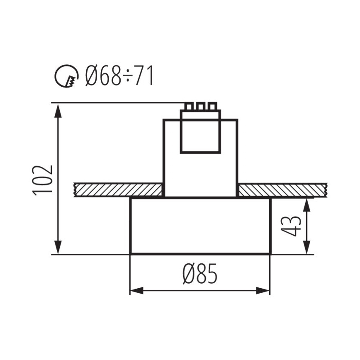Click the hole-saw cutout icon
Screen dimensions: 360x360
click(67, 76)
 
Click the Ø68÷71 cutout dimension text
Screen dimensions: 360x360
click(119, 76)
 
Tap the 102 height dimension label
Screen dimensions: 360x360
click(43, 180)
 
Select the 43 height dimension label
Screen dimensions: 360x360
click(293, 226)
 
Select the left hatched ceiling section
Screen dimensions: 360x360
click(119, 190)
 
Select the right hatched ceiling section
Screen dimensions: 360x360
click(282, 190)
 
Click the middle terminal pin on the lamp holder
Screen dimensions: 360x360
click(200, 106)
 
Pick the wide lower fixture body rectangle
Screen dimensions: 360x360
click(200, 226)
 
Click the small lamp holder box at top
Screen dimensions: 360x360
click(200, 132)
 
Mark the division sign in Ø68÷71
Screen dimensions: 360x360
click(124, 77)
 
